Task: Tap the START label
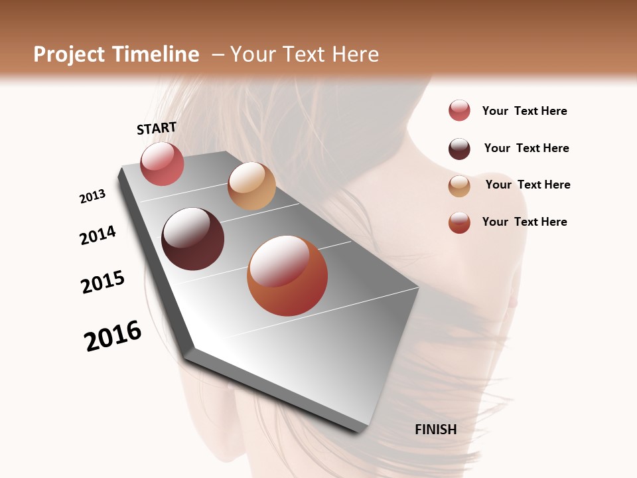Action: (x=157, y=128)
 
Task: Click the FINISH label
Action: (x=436, y=430)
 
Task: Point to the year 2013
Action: (x=92, y=197)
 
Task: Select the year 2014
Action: (x=98, y=235)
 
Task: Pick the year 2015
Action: (x=103, y=282)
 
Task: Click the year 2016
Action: (x=113, y=336)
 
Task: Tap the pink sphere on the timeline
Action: (x=162, y=163)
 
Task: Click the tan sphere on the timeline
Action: (x=251, y=186)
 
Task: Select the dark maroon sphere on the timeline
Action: (x=192, y=239)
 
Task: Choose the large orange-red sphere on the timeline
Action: (x=287, y=276)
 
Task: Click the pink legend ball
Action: (x=459, y=110)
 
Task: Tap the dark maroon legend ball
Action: (x=459, y=149)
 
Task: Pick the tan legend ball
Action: (x=459, y=186)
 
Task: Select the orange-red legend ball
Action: (x=459, y=222)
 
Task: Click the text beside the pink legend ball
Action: (x=524, y=111)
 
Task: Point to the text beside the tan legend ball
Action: (x=528, y=185)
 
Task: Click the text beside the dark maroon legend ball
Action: (x=526, y=148)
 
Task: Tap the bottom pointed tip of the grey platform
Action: (x=359, y=430)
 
